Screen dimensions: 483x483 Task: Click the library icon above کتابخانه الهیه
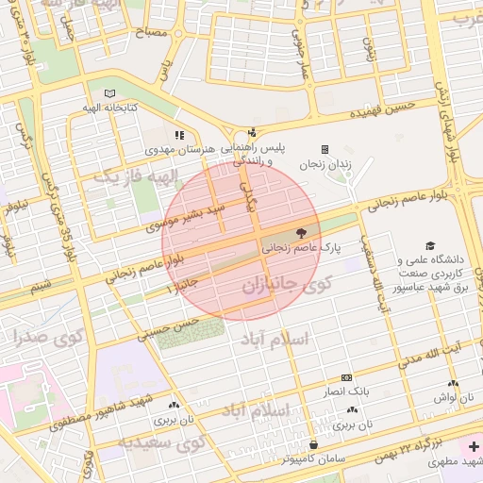(112, 93)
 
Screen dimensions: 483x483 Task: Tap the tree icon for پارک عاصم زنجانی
(300, 232)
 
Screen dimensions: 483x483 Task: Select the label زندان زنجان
(325, 164)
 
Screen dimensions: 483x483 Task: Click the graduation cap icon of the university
(430, 244)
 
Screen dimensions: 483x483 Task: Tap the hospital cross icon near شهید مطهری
(472, 444)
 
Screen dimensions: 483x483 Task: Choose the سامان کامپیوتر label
(312, 458)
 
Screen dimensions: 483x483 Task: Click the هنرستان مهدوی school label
(179, 149)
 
